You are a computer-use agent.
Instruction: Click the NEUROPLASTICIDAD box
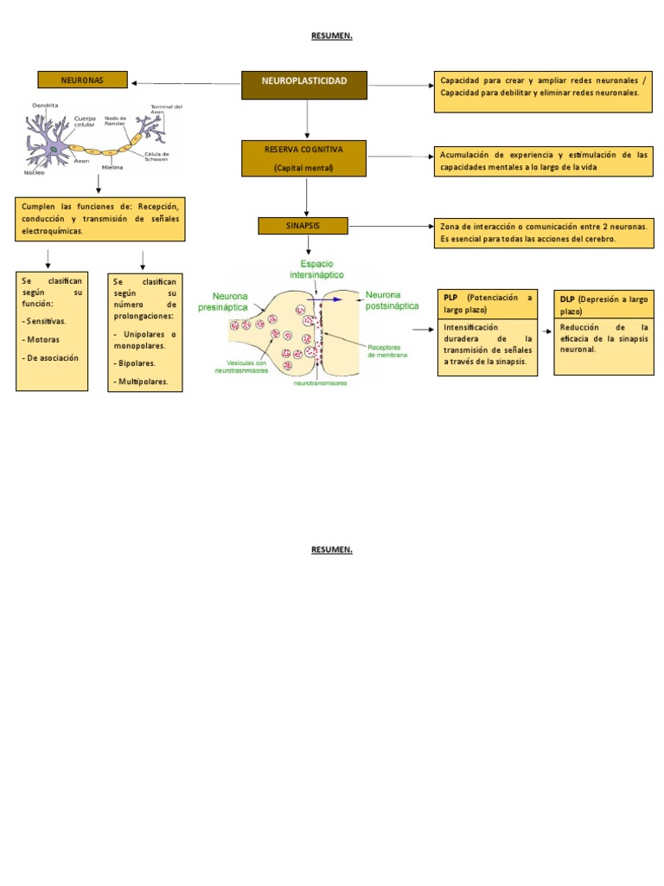tap(304, 84)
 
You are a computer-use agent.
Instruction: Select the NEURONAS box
tap(82, 80)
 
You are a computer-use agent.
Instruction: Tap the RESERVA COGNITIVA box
tap(303, 158)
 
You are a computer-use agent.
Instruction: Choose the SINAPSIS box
tap(303, 226)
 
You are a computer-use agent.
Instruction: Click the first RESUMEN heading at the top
tap(332, 35)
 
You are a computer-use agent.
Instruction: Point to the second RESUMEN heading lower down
tap(332, 549)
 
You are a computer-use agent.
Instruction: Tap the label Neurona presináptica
tap(223, 301)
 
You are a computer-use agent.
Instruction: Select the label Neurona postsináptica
tap(393, 299)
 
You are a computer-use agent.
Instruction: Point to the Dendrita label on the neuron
tap(45, 106)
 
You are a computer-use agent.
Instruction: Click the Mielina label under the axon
tap(112, 166)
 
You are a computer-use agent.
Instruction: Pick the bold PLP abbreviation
tap(450, 298)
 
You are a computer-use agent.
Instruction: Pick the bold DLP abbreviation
tap(568, 299)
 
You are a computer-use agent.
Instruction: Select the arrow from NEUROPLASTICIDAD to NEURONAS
tap(185, 84)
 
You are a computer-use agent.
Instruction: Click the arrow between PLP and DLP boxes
tap(546, 331)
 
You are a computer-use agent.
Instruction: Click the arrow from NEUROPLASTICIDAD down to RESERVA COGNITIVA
tap(306, 119)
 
